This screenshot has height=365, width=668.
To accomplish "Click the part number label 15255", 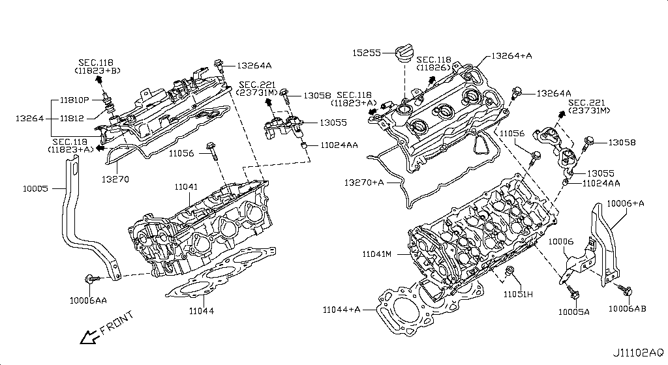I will coord(365,52).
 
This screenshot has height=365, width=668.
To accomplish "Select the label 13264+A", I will coord(512,56).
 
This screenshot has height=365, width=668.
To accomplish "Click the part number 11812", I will coord(71,119).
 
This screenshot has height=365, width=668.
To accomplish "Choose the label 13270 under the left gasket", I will coord(115,177).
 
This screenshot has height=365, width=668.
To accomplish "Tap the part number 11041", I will coord(186,187).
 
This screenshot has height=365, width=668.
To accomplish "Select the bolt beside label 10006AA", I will coord(91,279).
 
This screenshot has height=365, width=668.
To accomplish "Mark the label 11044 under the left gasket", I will coord(201,311).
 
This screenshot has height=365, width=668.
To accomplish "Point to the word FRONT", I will coord(118,323).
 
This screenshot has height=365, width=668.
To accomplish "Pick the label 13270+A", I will coord(365,182).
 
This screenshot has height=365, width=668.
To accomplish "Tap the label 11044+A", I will coord(341,309).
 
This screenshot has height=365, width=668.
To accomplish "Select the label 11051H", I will coord(518,295).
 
